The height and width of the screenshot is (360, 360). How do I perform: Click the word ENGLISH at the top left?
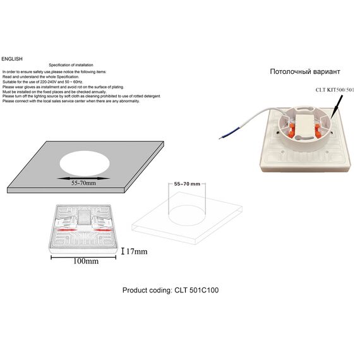click(x=12, y=57)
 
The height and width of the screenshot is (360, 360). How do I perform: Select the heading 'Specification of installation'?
click(x=71, y=66)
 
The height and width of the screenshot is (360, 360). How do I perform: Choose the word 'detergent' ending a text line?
click(x=150, y=96)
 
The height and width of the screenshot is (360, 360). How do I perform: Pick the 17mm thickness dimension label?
click(x=136, y=251)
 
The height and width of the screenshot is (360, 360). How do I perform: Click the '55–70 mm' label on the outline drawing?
click(x=186, y=183)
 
